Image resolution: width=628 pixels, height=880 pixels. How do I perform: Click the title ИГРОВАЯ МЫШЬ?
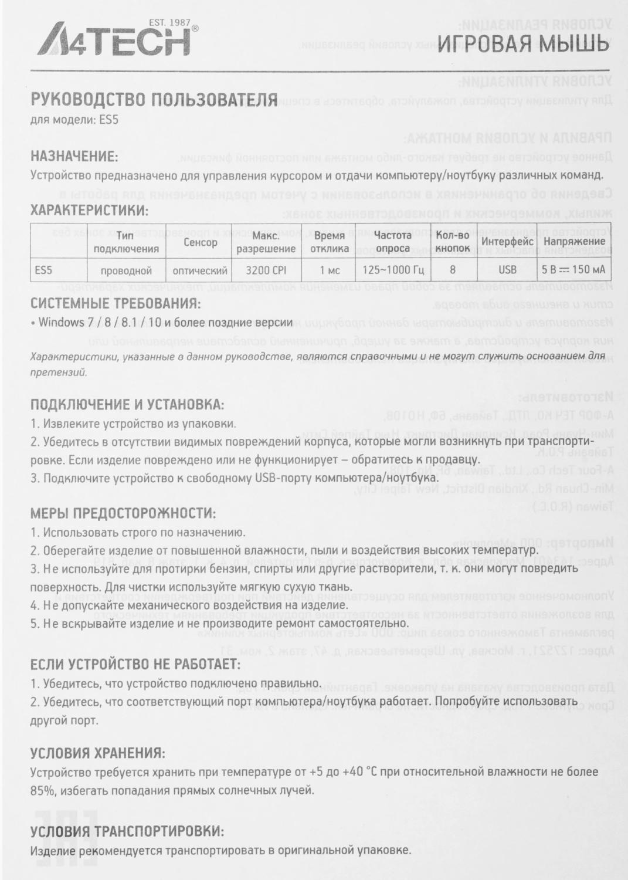click(523, 43)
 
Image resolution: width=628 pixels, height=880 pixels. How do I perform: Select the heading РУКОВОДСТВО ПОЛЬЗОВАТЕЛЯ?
click(154, 100)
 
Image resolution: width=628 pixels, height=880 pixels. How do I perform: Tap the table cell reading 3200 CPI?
click(266, 270)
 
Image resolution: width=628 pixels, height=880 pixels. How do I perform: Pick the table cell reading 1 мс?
click(330, 270)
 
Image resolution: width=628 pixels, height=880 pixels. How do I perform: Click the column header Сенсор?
click(200, 242)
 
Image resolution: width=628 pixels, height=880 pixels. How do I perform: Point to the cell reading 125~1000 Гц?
click(393, 270)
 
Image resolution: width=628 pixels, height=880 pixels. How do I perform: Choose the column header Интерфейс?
click(507, 242)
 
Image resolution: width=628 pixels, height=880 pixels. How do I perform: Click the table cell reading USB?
click(507, 270)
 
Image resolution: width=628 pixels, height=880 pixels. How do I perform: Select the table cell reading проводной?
click(126, 270)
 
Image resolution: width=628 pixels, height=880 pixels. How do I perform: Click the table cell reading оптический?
click(200, 270)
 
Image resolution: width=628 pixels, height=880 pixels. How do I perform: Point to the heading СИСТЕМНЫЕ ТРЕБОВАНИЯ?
click(115, 304)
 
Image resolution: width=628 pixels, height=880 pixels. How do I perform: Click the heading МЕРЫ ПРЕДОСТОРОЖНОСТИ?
click(123, 513)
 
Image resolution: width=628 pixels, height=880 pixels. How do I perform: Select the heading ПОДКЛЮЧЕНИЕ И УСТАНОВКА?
click(127, 404)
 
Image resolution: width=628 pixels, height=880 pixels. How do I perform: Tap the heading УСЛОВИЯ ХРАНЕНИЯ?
click(97, 753)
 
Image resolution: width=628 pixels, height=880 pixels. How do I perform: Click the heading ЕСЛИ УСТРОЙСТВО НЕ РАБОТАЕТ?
click(135, 664)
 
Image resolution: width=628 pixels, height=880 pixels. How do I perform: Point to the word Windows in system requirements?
click(62, 322)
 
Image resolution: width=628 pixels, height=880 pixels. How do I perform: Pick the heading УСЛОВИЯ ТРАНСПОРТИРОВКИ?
click(127, 831)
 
